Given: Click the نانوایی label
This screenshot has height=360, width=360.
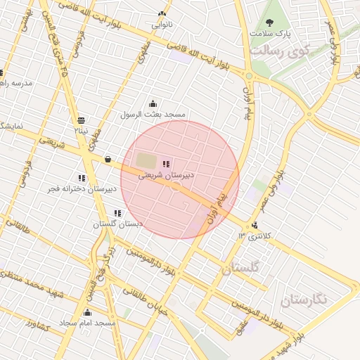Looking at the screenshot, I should coord(162,25).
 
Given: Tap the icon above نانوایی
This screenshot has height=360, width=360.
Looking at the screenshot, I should coord(162,14).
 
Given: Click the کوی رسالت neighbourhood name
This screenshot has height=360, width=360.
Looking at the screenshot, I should coord(280,51).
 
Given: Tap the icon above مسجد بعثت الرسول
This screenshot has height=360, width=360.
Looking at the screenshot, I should coord(153,104).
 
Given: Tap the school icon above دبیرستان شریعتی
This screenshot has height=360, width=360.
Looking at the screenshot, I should coord(166,164).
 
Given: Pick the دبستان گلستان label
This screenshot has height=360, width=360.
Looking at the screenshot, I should coord(117,224).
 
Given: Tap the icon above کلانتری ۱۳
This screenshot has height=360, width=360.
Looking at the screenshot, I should coord(254,225).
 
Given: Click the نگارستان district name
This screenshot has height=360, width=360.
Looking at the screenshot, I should coord(304,300).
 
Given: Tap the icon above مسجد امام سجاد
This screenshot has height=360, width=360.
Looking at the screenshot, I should coord(88,312).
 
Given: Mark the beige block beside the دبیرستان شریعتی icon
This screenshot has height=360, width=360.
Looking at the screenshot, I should coord(146,160).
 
